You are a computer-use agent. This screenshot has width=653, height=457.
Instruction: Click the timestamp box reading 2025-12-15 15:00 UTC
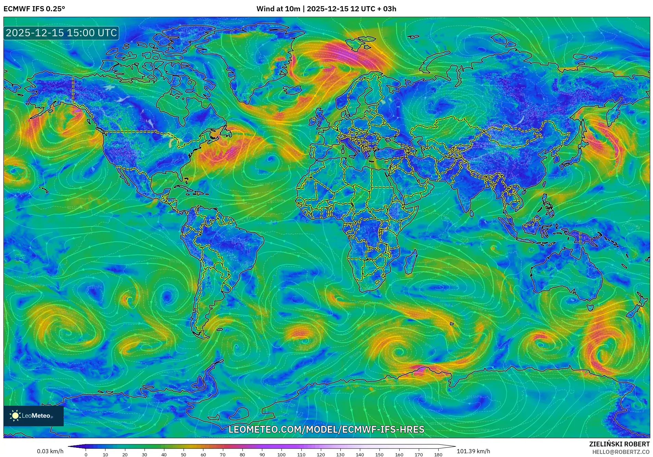pyautogui.click(x=61, y=33)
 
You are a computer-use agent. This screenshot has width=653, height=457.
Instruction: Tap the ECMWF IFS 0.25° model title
pyautogui.click(x=34, y=9)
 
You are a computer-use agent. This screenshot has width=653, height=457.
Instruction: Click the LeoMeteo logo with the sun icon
pyautogui.click(x=33, y=416)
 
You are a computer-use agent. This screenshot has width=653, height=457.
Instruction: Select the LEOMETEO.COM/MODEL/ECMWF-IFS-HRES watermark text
pyautogui.click(x=326, y=429)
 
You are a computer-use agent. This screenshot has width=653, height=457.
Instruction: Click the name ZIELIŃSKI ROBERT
pyautogui.click(x=619, y=444)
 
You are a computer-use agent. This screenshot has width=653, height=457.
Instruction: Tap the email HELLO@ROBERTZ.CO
pyautogui.click(x=621, y=452)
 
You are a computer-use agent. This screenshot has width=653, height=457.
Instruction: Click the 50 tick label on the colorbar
pyautogui.click(x=184, y=455)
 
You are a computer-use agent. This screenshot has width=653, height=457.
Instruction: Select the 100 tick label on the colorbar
pyautogui.click(x=281, y=455)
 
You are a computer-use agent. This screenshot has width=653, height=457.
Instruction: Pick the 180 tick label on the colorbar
pyautogui.click(x=438, y=455)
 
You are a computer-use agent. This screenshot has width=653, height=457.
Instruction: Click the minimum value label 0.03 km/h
pyautogui.click(x=50, y=451)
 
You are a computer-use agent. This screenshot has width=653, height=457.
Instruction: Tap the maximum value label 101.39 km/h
pyautogui.click(x=473, y=451)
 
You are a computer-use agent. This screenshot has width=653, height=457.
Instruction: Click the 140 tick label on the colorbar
pyautogui.click(x=360, y=455)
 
